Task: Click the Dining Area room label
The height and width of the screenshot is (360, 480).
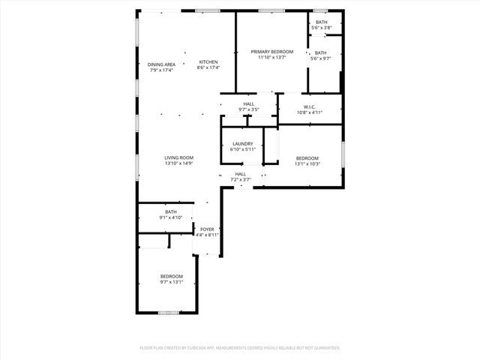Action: (x=161, y=64)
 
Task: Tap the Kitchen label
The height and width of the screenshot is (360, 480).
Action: (x=208, y=61)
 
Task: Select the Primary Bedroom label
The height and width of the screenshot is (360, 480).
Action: (x=271, y=52)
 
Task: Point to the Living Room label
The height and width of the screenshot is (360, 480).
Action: (x=179, y=157)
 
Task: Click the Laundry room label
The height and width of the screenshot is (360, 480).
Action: (x=242, y=144)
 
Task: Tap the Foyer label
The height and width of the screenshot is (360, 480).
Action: (x=207, y=229)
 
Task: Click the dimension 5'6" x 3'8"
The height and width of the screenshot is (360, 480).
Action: (x=321, y=28)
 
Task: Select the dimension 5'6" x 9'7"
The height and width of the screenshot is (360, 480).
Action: (x=321, y=58)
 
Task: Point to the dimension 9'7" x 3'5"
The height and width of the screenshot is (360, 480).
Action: (x=248, y=109)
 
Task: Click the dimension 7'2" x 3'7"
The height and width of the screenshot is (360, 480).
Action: (x=240, y=180)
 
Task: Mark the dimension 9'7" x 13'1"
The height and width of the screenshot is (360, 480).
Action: (x=171, y=282)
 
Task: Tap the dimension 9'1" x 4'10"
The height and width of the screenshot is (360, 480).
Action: (x=171, y=217)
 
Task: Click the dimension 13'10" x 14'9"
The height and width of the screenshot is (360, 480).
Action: (x=179, y=163)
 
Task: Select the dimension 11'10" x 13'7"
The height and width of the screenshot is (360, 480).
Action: (x=271, y=58)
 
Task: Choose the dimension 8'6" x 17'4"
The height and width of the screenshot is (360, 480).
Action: (x=208, y=67)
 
